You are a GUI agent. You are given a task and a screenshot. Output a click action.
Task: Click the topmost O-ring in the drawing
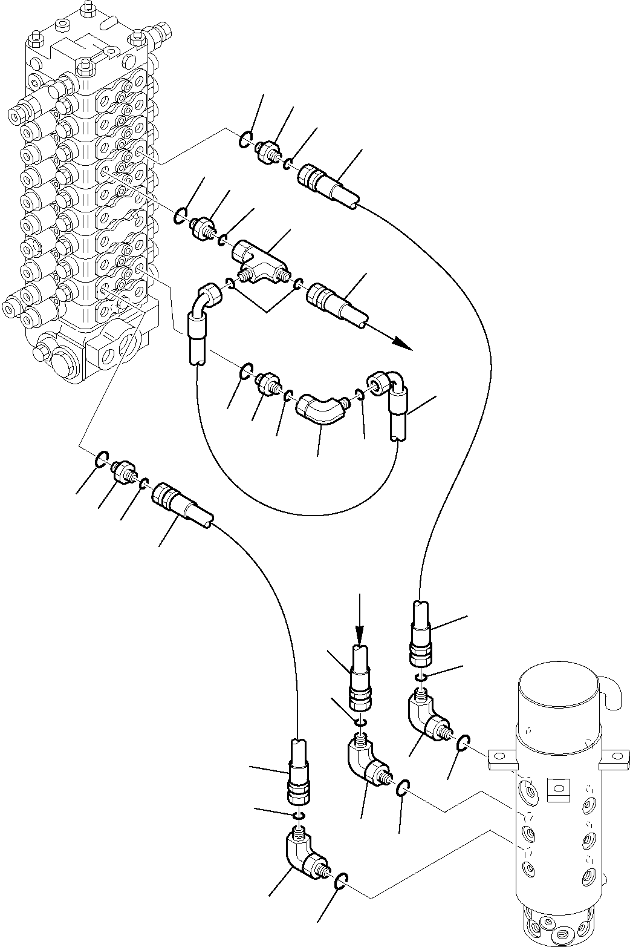[x=245, y=139]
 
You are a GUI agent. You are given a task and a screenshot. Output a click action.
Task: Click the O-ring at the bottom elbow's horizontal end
[x=340, y=882]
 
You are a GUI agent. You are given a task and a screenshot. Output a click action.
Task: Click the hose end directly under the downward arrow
[x=360, y=678]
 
